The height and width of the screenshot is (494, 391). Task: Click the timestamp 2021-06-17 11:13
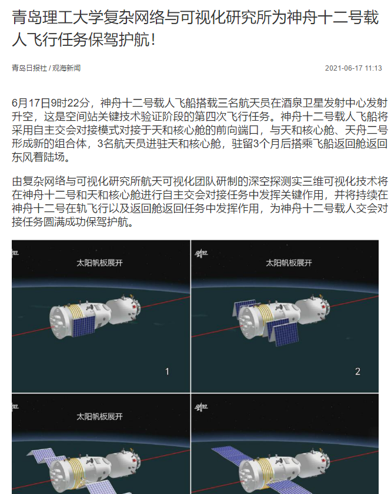coord(353,68)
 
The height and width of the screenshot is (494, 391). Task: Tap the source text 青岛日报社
coord(29,68)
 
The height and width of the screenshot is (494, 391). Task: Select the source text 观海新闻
coord(66,68)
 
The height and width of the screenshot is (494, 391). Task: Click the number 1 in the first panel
coord(167,372)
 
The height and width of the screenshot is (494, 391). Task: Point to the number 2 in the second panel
coord(357,372)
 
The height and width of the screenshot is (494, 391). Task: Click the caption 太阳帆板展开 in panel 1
coord(100,263)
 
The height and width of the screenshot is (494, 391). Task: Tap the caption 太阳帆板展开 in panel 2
coord(289,263)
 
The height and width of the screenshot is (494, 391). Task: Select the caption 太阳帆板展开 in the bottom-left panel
coord(100,416)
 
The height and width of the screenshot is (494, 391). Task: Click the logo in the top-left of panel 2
coord(201,254)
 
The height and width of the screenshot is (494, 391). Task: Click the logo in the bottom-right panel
coord(201,407)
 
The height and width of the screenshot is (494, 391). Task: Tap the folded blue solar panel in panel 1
coord(83,326)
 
